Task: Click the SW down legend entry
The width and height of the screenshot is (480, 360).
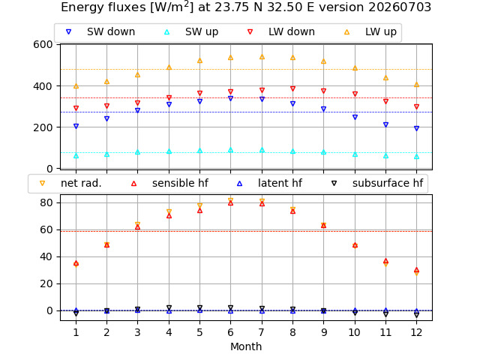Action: click(x=100, y=31)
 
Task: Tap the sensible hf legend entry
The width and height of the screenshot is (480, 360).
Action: click(x=169, y=183)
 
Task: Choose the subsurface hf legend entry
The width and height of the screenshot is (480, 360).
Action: click(x=377, y=183)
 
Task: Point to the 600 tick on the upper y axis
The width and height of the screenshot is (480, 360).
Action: click(x=43, y=44)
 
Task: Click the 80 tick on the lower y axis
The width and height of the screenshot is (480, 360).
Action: click(x=46, y=202)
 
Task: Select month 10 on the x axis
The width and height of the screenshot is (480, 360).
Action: click(x=355, y=332)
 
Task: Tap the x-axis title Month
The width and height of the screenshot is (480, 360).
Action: click(x=246, y=346)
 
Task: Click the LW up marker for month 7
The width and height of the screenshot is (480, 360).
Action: click(x=262, y=57)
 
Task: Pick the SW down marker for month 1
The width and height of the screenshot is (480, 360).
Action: click(x=76, y=126)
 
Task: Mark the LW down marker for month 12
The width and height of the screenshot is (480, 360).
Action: click(x=416, y=106)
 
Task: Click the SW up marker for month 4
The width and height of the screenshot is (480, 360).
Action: click(x=169, y=151)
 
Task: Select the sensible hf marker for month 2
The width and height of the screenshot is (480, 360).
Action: click(x=106, y=245)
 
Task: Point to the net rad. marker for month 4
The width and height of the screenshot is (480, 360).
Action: click(x=169, y=211)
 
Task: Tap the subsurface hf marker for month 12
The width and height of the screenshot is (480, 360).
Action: click(x=416, y=314)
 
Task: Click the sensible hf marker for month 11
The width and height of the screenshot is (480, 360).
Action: click(x=385, y=261)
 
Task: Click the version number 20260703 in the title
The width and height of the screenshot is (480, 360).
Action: click(x=400, y=7)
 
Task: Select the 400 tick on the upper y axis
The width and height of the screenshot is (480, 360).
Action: click(x=43, y=86)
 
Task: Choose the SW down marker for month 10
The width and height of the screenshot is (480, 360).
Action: click(x=355, y=117)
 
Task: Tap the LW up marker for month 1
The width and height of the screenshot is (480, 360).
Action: click(x=76, y=86)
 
